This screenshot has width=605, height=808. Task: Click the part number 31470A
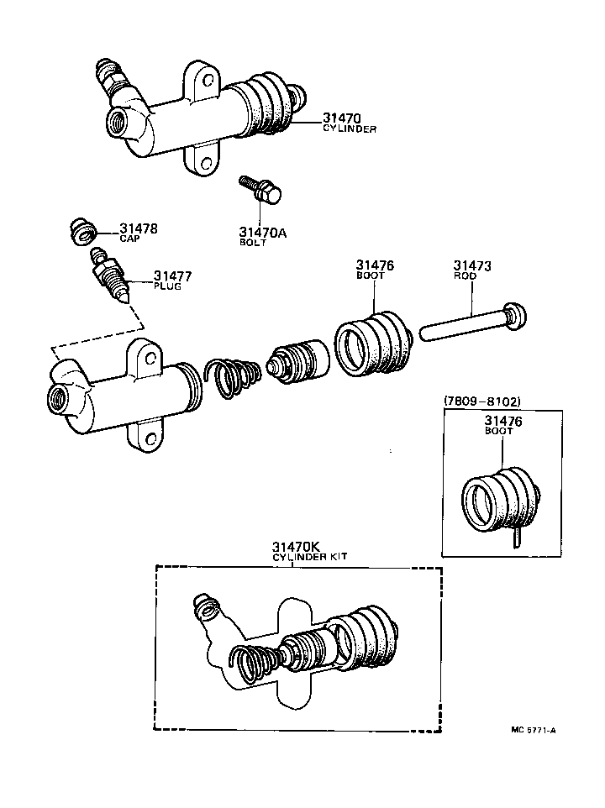[x=263, y=233]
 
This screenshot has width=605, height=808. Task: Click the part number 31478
[x=138, y=228]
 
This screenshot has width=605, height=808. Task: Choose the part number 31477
[x=172, y=275]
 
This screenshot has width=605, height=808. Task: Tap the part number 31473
[x=472, y=266]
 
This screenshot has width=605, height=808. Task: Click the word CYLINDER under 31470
[x=350, y=129]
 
